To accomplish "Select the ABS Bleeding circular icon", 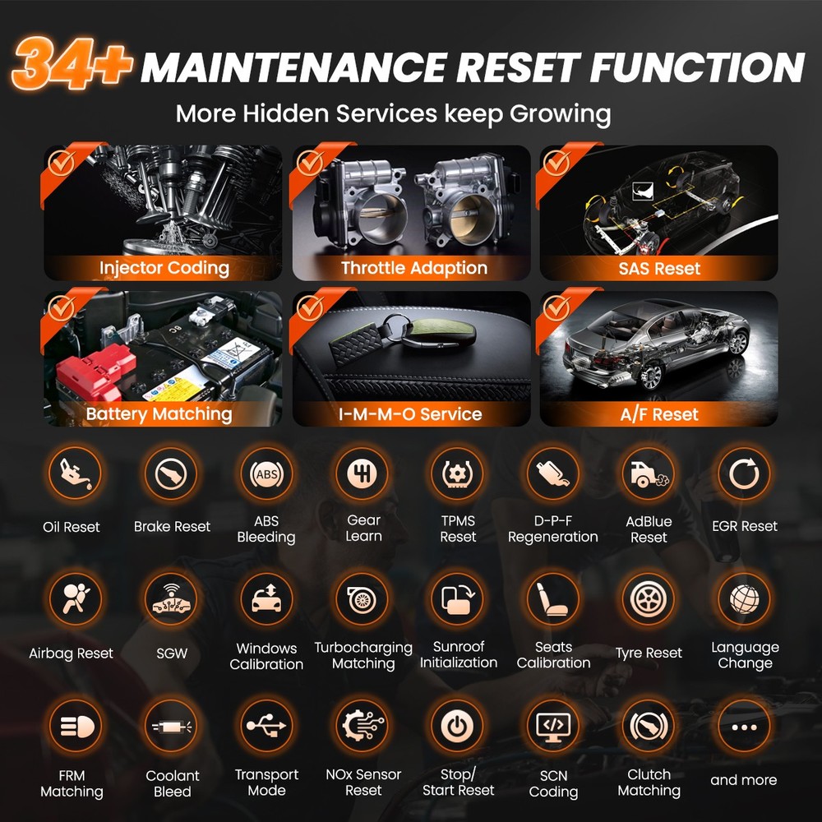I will [266, 474].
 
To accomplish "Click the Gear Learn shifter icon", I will [363, 474].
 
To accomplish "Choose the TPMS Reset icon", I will [458, 474].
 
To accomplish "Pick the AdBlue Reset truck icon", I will [649, 474].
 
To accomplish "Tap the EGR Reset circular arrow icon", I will [744, 474].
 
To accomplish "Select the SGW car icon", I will [171, 599].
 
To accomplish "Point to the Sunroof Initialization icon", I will [458, 599].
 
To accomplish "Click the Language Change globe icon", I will [744, 599].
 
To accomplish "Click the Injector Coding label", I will [164, 268].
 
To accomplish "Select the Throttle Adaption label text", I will [413, 268].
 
